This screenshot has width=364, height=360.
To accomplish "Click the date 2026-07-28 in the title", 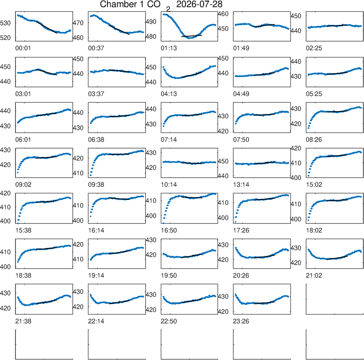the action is click(x=199, y=4).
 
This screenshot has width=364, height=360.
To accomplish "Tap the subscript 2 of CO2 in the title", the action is click(x=168, y=9).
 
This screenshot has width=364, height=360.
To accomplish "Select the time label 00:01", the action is click(x=23, y=48).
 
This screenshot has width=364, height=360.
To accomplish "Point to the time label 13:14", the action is click(x=241, y=185).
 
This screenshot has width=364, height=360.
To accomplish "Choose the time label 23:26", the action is click(x=241, y=321).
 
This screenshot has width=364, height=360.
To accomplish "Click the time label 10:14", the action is click(x=169, y=185).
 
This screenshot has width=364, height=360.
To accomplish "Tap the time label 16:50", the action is click(x=169, y=230).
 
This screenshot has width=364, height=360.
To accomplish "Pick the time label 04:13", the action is click(x=169, y=94).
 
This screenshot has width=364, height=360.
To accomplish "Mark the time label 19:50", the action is click(x=169, y=276).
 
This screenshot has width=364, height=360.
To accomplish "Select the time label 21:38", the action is click(x=23, y=321).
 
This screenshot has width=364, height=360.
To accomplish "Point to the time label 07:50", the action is click(x=241, y=140).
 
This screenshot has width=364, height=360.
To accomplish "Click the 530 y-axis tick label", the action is click(x=5, y=23).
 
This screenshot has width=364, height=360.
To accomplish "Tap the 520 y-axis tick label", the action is click(x=5, y=37).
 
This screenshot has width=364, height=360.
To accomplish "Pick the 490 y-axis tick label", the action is click(x=151, y=22).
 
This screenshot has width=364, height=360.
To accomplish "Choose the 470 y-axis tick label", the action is click(x=78, y=23).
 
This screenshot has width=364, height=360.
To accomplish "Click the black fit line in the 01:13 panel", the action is click(x=191, y=36).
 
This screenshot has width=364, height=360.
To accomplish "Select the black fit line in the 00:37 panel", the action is click(x=119, y=30).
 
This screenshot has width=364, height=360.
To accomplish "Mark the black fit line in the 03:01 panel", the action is click(x=47, y=72).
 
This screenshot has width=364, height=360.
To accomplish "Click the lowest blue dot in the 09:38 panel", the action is click(x=91, y=175).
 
